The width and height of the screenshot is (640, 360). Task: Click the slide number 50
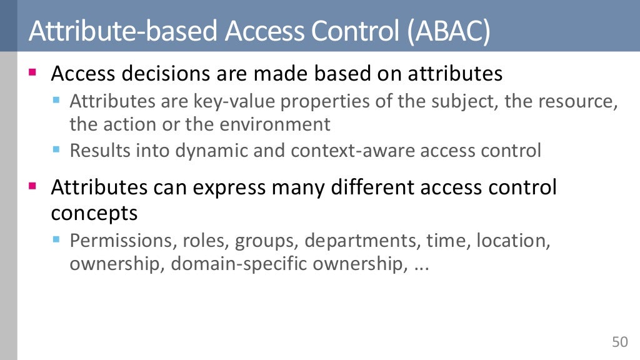coord(619,342)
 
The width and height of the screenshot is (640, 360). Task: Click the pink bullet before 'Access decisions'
coord(33,73)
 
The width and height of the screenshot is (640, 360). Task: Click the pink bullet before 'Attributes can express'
coord(33,186)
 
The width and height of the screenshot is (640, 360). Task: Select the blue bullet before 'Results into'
coord(56,150)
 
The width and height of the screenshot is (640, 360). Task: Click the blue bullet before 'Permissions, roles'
coord(56,239)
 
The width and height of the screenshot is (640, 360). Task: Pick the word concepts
coord(94,213)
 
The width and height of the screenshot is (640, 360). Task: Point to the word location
coord(513,241)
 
